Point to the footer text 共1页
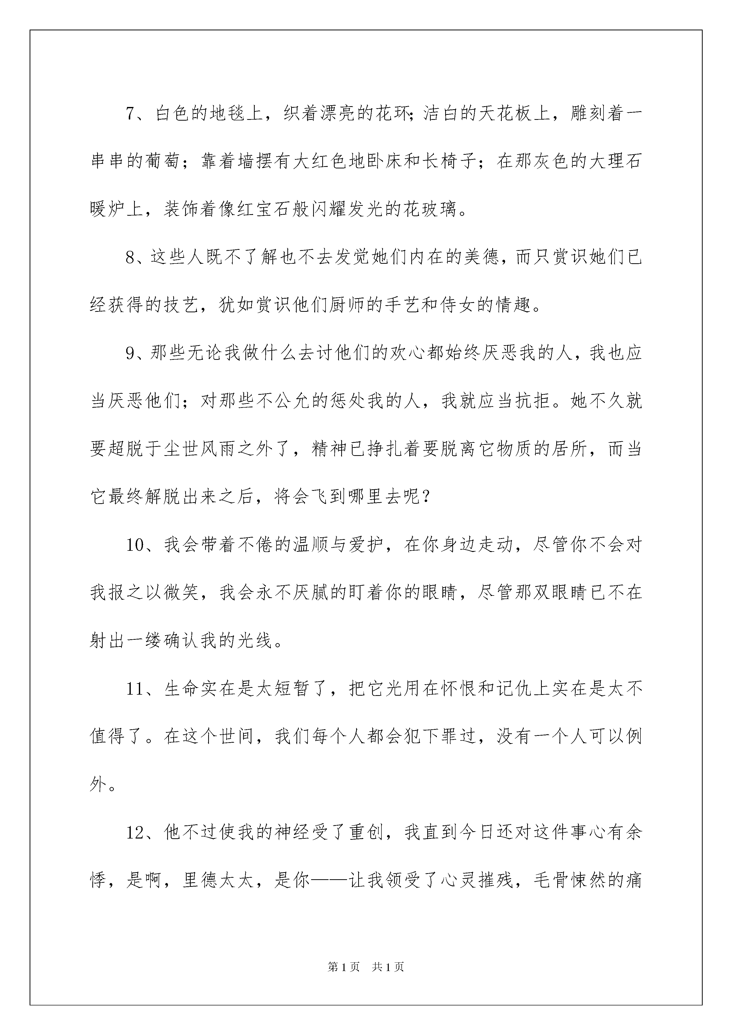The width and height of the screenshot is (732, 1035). pyautogui.click(x=388, y=966)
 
